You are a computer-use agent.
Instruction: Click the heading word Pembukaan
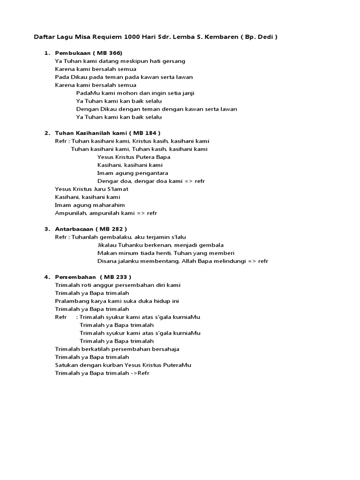pyautogui.click(x=72, y=53)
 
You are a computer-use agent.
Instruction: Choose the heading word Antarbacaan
pyautogui.click(x=74, y=229)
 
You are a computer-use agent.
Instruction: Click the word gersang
pyautogui.click(x=175, y=61)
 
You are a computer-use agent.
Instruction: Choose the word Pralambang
pyautogui.click(x=70, y=301)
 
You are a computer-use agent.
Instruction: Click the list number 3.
pyautogui.click(x=47, y=229)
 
